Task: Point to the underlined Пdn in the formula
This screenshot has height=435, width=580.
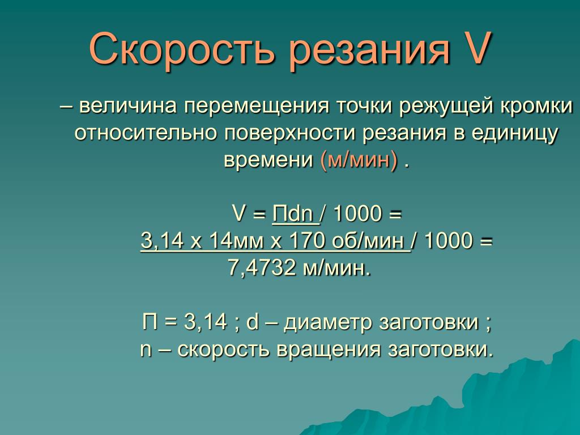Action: tap(295, 214)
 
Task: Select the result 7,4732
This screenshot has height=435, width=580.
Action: tap(262, 268)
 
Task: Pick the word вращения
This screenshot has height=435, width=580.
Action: tap(329, 350)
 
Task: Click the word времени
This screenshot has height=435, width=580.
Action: tap(268, 160)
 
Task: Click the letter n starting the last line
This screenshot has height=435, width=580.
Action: tap(146, 351)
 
